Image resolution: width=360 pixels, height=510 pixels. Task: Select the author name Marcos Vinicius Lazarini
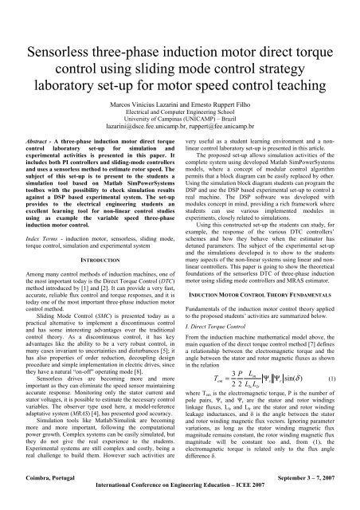151,105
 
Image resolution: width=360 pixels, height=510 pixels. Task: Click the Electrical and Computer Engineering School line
180,113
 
